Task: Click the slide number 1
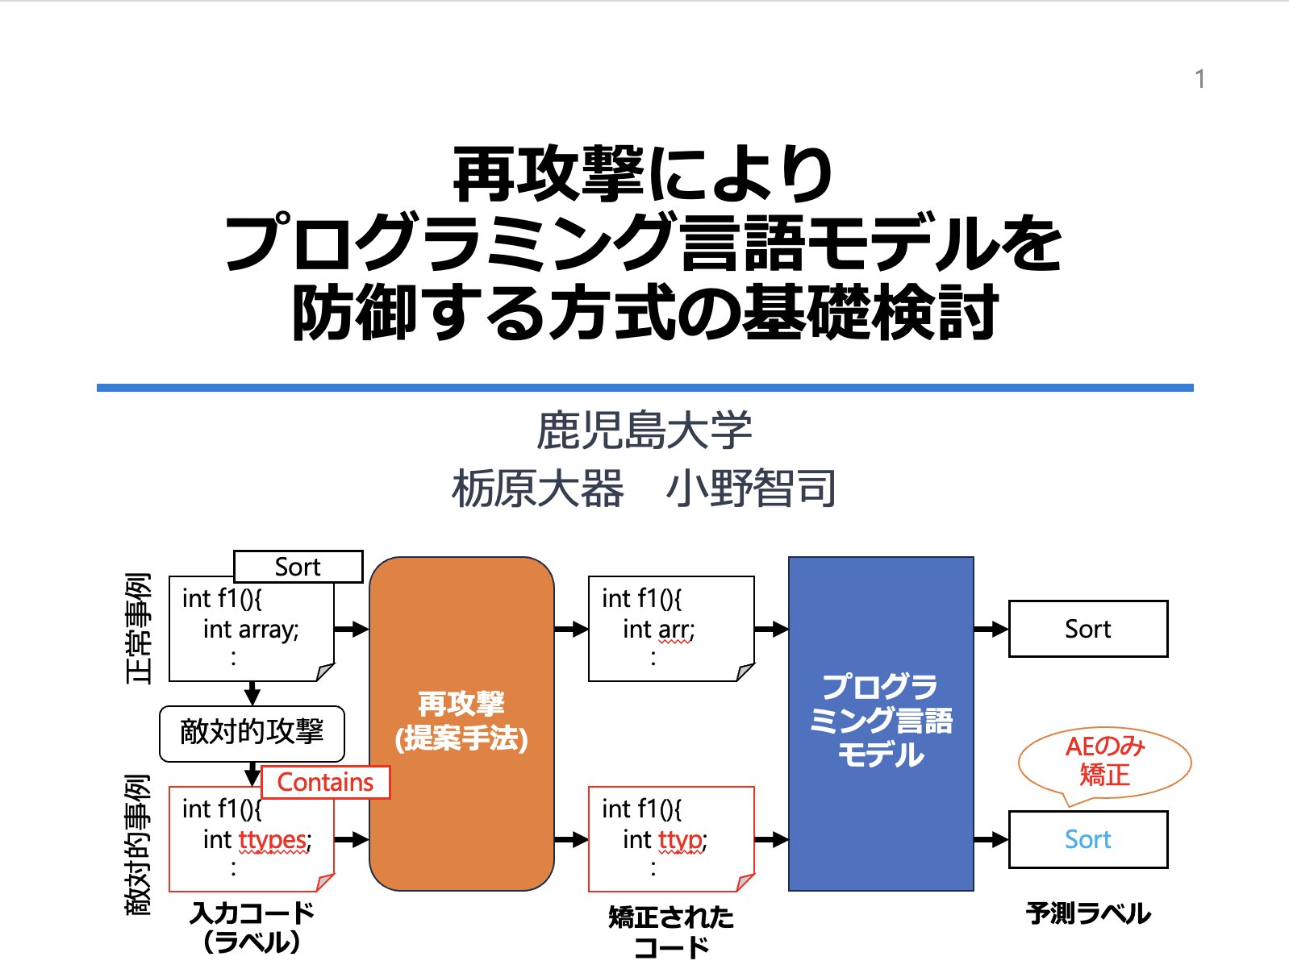1199,79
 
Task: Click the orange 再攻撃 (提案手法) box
461,722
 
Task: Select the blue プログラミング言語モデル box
881,722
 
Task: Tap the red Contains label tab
325,782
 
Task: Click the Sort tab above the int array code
298,567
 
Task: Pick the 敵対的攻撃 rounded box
252,733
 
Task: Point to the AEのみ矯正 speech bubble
1104,762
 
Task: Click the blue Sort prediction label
1087,839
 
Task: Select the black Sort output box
1087,629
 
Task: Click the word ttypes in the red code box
273,840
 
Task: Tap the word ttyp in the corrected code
680,840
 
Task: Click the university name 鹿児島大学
644,430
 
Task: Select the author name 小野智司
751,489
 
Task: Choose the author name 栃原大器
538,489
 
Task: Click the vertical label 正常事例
139,628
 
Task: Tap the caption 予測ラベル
1088,913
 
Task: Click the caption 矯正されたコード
671,931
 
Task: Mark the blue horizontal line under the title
644,388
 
